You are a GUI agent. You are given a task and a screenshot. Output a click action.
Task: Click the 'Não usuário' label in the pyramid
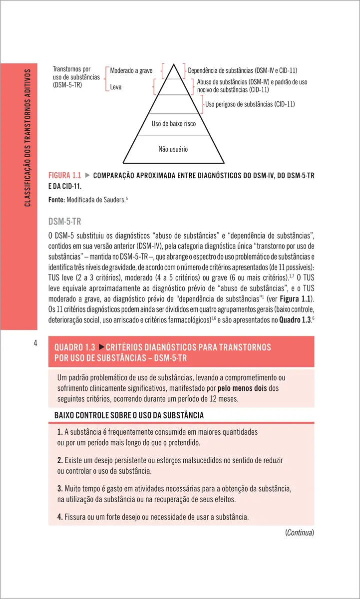pyautogui.click(x=173, y=149)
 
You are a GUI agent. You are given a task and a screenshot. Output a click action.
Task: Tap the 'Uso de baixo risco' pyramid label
pyautogui.click(x=173, y=123)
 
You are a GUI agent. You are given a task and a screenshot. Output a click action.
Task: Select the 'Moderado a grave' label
pyautogui.click(x=131, y=71)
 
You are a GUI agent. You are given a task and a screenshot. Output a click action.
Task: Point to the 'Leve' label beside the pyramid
pyautogui.click(x=115, y=87)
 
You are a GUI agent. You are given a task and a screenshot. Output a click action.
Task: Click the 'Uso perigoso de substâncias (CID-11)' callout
pyautogui.click(x=250, y=104)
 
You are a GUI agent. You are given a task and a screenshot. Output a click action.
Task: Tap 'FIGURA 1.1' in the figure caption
pyautogui.click(x=64, y=176)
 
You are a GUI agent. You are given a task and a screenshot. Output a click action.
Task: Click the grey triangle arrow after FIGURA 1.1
pyautogui.click(x=87, y=176)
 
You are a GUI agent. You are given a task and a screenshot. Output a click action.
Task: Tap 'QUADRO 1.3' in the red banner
pyautogui.click(x=74, y=347)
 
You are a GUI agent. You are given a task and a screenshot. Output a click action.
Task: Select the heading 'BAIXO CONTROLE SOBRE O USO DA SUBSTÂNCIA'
pyautogui.click(x=129, y=415)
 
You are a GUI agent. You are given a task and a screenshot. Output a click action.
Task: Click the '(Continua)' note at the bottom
pyautogui.click(x=299, y=533)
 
